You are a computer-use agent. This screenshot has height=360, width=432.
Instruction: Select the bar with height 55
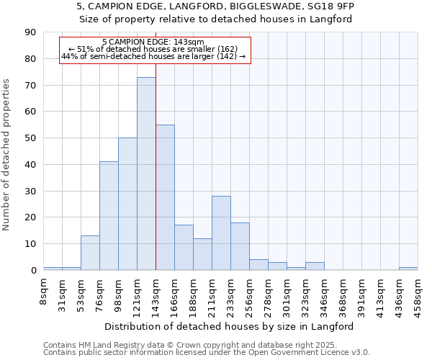coord(165,197)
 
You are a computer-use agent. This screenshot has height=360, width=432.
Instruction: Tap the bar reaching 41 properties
coord(109,216)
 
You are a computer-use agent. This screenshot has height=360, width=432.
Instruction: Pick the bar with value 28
coord(221,233)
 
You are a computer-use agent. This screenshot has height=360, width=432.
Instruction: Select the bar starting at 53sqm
coord(90,253)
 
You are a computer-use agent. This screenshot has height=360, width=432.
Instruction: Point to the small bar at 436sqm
coord(408,269)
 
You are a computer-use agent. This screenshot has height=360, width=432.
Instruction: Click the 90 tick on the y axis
coord(30,32)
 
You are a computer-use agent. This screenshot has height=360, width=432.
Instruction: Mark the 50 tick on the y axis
coord(30,138)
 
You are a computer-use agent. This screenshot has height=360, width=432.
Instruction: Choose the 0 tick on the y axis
coord(33,270)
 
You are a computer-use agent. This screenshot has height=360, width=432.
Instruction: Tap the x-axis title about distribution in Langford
coord(229,326)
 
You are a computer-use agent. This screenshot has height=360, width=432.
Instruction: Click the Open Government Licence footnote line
coord(207,352)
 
